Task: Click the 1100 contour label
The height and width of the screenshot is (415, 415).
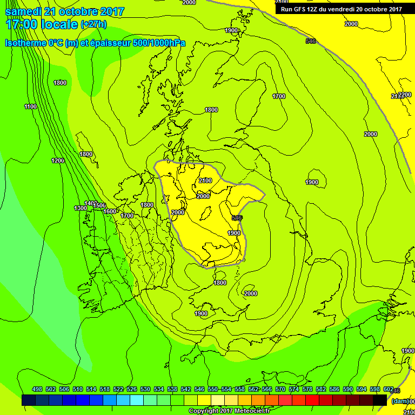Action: [x=30, y=106]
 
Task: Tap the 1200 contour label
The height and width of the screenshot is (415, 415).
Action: [x=58, y=160]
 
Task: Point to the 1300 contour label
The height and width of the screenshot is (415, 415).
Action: [x=81, y=208]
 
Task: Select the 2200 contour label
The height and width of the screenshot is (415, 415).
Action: [x=405, y=95]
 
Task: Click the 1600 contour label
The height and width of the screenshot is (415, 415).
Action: [x=110, y=211]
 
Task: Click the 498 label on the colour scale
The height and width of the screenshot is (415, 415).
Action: [x=37, y=389]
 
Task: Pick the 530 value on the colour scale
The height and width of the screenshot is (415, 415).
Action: [x=145, y=389]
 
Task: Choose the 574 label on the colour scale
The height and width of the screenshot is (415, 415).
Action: [x=294, y=389]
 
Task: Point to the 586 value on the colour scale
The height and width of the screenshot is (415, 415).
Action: [x=334, y=389]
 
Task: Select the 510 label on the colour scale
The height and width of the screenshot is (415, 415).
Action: [x=78, y=389]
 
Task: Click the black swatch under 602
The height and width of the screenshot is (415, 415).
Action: [x=380, y=400]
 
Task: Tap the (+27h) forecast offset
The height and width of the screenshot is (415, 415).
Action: [x=93, y=24]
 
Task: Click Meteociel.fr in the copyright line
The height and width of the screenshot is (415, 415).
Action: [x=255, y=411]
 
